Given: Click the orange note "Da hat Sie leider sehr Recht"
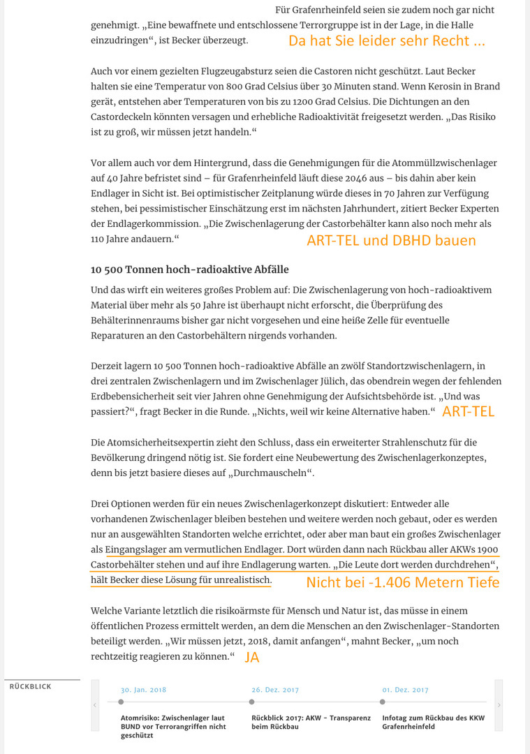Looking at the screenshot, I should click(386, 40).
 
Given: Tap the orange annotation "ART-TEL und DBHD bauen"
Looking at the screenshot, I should click(391, 240).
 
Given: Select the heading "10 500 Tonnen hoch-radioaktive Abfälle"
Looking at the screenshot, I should click(189, 269).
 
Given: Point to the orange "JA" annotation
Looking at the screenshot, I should click(252, 656).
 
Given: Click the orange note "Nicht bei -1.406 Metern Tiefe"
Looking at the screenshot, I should click(403, 582).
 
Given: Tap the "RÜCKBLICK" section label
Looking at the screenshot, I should click(31, 687).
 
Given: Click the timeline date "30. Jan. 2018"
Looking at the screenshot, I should click(143, 690).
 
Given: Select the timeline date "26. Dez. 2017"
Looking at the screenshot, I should click(274, 690).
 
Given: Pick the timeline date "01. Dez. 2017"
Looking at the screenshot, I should click(405, 690).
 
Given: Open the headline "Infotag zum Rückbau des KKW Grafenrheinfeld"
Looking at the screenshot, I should click(433, 722).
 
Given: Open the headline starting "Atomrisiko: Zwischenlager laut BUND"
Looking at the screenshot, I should click(172, 726).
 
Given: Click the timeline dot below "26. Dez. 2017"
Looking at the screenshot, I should click(252, 702).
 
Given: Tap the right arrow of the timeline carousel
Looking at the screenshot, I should click(499, 705).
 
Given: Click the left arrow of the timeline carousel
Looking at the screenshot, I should click(95, 705).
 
